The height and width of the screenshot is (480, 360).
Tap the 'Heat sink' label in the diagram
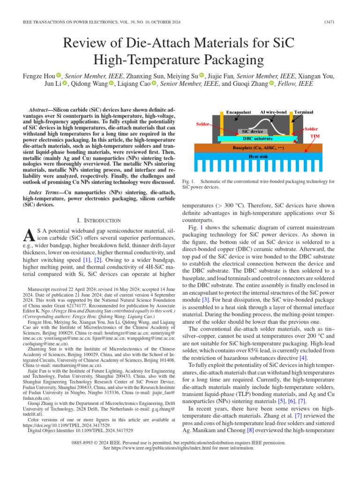(258, 156)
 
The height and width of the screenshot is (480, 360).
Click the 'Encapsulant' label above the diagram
(239, 112)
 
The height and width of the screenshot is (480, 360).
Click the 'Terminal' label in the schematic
(304, 112)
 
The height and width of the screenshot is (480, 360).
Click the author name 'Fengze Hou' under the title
(38, 75)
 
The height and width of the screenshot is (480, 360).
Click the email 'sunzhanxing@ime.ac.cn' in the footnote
(73, 365)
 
